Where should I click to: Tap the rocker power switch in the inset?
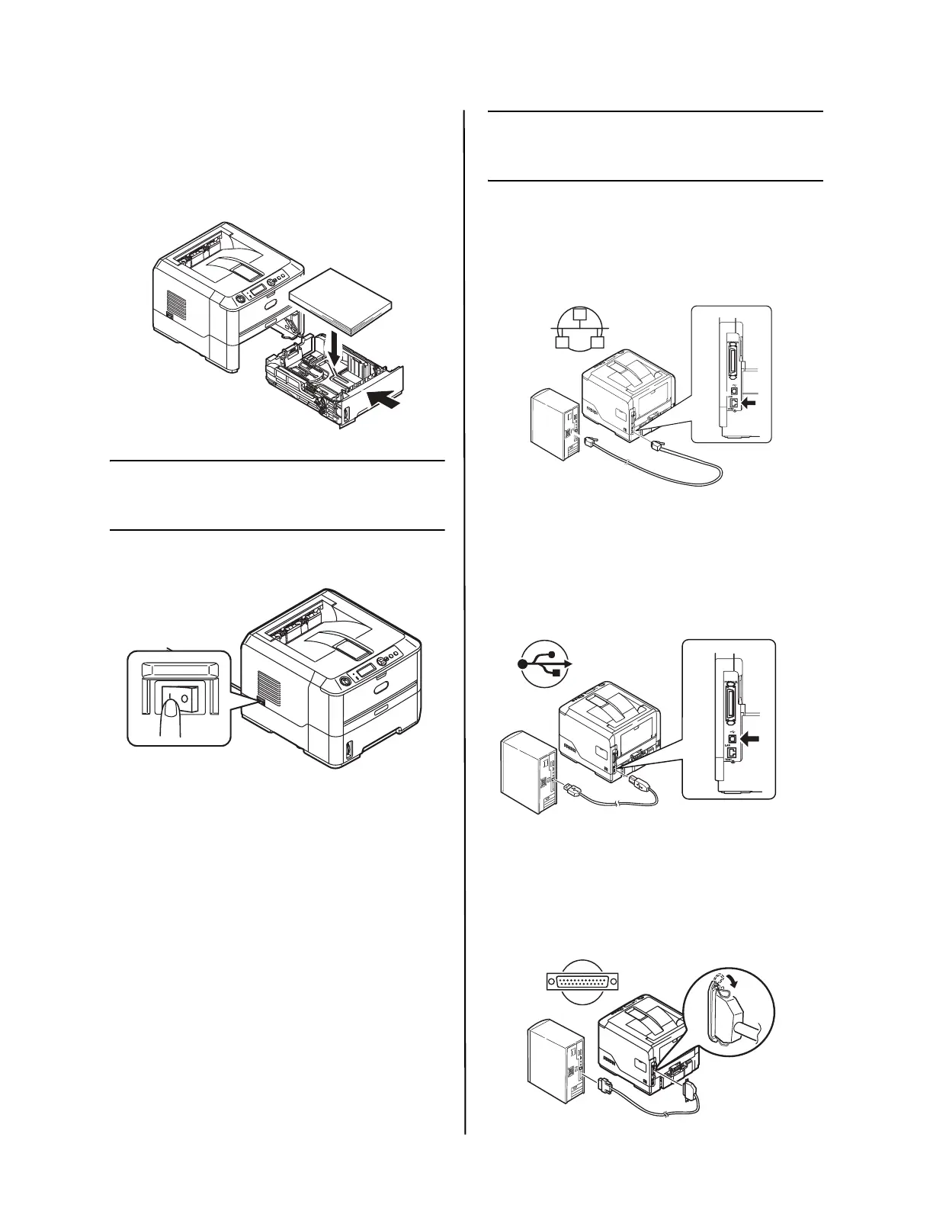177,695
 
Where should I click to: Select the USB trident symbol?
543,664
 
